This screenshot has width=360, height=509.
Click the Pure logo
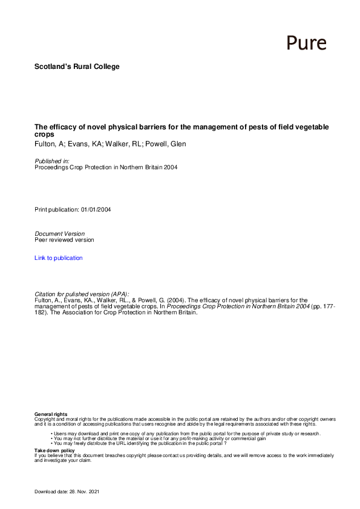[x=306, y=43]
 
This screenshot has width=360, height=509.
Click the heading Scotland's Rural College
[x=77, y=66]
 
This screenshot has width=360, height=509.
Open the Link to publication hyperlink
[x=59, y=258]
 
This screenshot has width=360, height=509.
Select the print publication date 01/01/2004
[x=96, y=210]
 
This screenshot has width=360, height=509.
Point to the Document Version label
[x=59, y=233]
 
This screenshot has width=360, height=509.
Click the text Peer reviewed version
[x=64, y=240]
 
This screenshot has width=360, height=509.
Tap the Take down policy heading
[x=54, y=450]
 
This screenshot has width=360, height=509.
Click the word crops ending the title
[x=44, y=134]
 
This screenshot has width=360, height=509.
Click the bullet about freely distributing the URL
[x=139, y=444]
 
